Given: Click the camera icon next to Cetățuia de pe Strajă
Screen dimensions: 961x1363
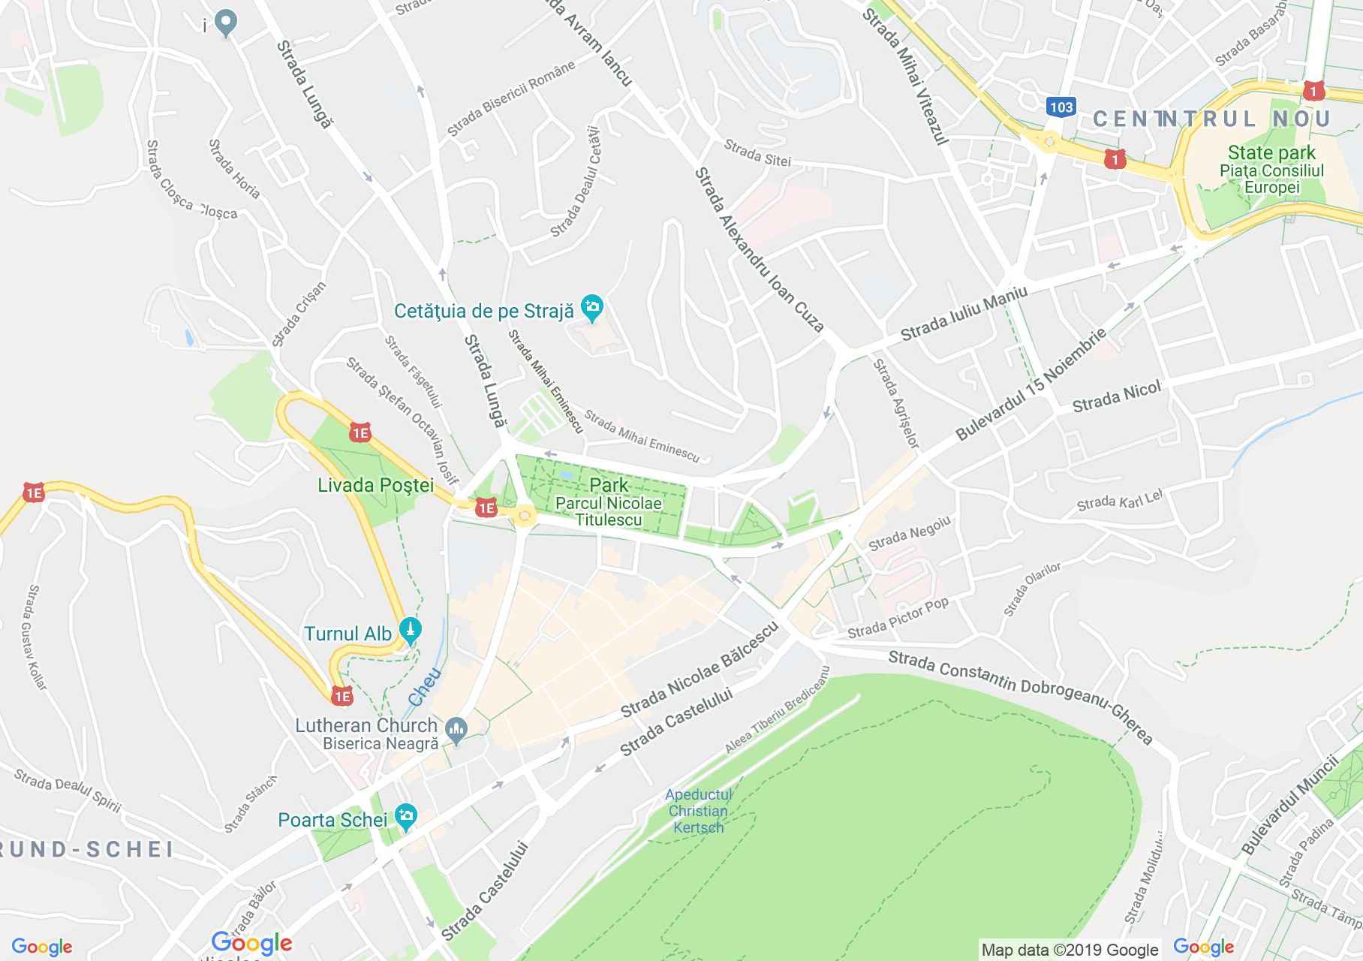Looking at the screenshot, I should tap(592, 308).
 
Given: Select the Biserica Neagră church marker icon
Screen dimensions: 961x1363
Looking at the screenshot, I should tap(456, 728).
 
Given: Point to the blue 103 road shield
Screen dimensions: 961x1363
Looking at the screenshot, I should tap(1061, 107).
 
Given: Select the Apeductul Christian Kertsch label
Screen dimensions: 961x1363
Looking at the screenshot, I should tap(697, 811).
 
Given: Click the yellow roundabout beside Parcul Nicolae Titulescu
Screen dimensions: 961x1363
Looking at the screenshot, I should tap(524, 515).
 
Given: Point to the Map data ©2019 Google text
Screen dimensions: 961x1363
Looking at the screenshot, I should tap(1070, 950).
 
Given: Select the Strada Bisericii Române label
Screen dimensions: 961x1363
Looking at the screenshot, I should tap(511, 98).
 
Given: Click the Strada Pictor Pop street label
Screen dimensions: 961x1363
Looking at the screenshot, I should tap(898, 617).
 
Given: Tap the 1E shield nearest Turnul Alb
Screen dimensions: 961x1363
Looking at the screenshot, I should tap(342, 696).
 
